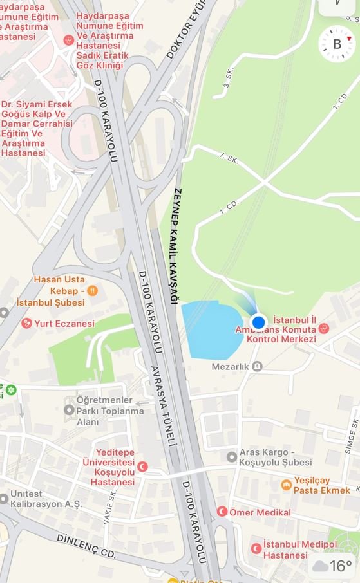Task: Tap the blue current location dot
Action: tap(258, 322)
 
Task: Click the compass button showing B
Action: tap(337, 44)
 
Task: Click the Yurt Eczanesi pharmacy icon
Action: tap(26, 323)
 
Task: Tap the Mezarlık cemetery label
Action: tap(257, 366)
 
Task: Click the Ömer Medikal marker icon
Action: tap(222, 512)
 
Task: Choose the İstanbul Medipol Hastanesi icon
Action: tap(256, 548)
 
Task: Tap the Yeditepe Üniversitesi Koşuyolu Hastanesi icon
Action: tap(143, 467)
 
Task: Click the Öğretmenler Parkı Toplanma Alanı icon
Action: tap(70, 409)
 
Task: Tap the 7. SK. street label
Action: tap(229, 158)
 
